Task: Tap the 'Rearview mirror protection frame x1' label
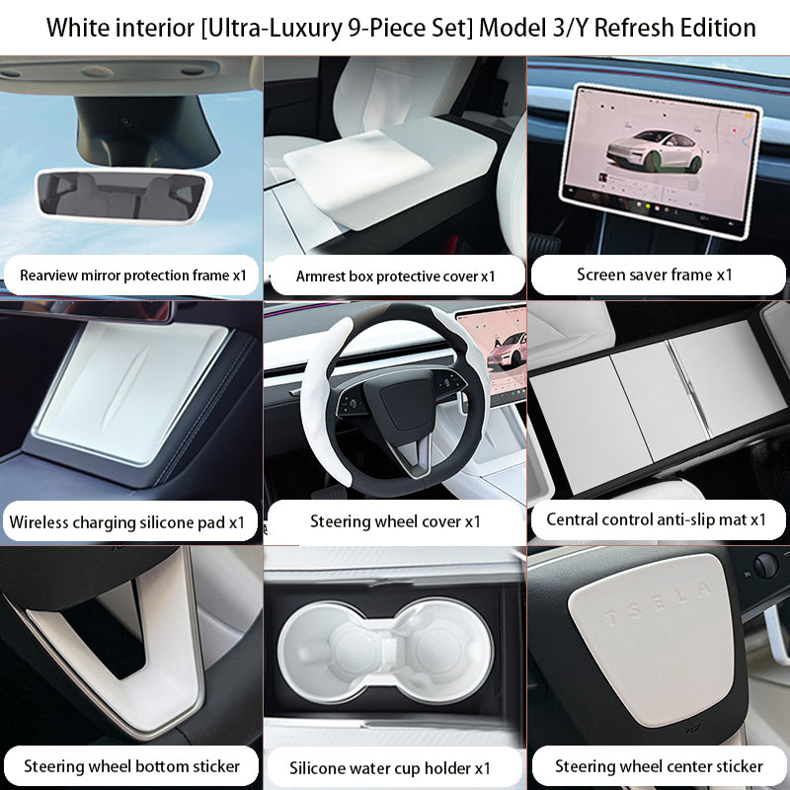pyautogui.click(x=132, y=275)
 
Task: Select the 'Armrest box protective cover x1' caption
pyautogui.click(x=395, y=276)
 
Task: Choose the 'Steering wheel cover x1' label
pyautogui.click(x=395, y=521)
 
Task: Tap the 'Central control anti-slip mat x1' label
pyautogui.click(x=657, y=519)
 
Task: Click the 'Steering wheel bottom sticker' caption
pyautogui.click(x=131, y=766)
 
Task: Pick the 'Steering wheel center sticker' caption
pyautogui.click(x=659, y=766)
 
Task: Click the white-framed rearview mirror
pyautogui.click(x=123, y=193)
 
